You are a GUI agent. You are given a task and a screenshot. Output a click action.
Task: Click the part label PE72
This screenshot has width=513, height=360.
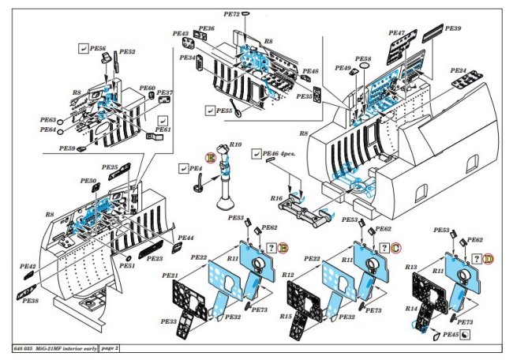(230, 14)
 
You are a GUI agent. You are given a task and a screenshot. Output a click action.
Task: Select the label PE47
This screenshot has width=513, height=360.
(396, 33)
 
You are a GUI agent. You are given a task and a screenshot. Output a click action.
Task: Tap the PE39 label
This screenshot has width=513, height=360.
(453, 28)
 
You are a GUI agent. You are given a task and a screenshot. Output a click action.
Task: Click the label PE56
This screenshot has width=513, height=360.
(97, 48)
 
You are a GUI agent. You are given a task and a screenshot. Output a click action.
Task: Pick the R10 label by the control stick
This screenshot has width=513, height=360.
(235, 145)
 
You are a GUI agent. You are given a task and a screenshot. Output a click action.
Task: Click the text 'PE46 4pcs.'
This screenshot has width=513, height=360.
(275, 154)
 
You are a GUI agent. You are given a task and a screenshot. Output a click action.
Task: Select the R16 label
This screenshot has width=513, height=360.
(276, 198)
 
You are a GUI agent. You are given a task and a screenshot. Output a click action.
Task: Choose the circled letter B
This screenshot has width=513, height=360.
(282, 247)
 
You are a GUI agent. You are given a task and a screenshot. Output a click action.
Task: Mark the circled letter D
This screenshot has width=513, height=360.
(489, 257)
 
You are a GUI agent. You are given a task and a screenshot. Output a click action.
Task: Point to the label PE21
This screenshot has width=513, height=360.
(170, 275)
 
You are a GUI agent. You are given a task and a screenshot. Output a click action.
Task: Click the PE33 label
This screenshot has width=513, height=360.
(168, 321)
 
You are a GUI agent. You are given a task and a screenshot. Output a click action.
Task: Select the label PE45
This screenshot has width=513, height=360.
(451, 336)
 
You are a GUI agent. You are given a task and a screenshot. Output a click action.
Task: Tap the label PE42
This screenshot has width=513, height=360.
(28, 267)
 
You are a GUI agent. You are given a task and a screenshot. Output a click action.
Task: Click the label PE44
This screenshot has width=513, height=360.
(185, 238)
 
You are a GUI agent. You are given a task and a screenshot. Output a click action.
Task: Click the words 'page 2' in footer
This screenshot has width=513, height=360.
(110, 348)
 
